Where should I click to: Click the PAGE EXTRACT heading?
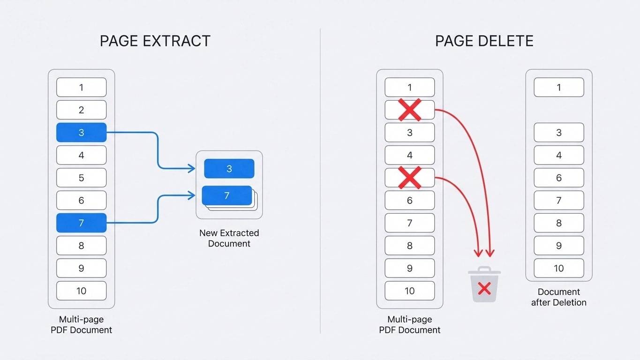tap(155, 41)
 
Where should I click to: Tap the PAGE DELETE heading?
tap(484, 41)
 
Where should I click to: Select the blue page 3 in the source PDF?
tap(81, 133)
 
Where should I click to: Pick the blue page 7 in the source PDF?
tap(81, 223)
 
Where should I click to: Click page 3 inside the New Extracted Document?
tap(229, 169)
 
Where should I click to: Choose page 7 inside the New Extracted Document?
tap(227, 195)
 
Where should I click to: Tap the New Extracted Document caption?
tap(229, 238)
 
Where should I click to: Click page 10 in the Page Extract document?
tap(81, 291)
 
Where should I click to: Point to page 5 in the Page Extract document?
tap(81, 178)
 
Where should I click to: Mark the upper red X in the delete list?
tap(410, 110)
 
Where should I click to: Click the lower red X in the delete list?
tap(410, 178)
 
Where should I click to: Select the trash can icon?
tap(484, 285)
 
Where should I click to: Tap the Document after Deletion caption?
tap(558, 297)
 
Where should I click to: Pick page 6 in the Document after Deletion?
tap(558, 178)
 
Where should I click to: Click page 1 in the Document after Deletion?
tap(558, 87)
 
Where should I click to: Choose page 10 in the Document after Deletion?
tap(558, 268)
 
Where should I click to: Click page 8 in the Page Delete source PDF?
tap(410, 246)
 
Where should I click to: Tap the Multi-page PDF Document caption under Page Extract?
tap(81, 325)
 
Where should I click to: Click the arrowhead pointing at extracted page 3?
tap(192, 168)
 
